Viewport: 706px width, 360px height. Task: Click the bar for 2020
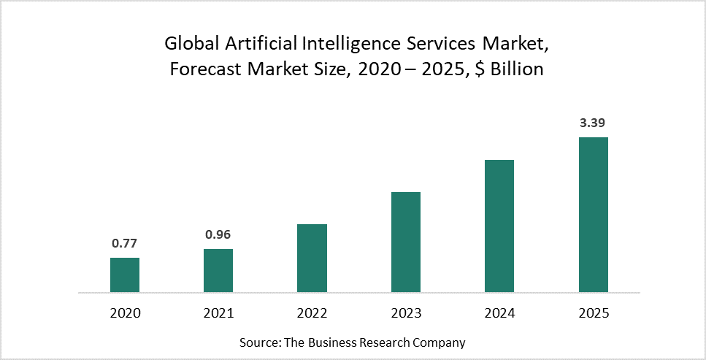pyautogui.click(x=125, y=275)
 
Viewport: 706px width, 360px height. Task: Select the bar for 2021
pyautogui.click(x=218, y=271)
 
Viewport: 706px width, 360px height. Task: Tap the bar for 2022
pyautogui.click(x=312, y=258)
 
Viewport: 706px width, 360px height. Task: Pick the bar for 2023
pyautogui.click(x=406, y=242)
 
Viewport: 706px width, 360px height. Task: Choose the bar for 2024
pyautogui.click(x=499, y=226)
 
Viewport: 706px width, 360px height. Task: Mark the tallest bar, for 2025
pyautogui.click(x=593, y=215)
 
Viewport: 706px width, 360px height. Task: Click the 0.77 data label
pyautogui.click(x=125, y=244)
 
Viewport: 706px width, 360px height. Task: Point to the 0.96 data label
pyautogui.click(x=218, y=235)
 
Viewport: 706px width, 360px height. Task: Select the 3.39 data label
pyautogui.click(x=593, y=123)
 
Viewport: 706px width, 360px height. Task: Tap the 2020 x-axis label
pyautogui.click(x=125, y=313)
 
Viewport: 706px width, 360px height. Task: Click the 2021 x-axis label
pyautogui.click(x=218, y=313)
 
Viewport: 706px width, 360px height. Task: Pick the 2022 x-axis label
pyautogui.click(x=312, y=313)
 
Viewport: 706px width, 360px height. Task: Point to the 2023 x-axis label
pyautogui.click(x=406, y=313)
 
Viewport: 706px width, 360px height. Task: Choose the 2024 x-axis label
pyautogui.click(x=499, y=313)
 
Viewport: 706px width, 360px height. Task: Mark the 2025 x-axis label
pyautogui.click(x=593, y=313)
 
